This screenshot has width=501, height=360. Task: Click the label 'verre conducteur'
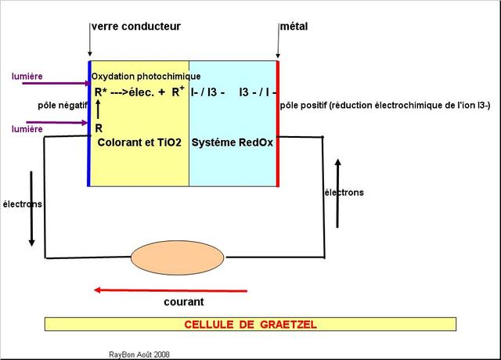(136, 27)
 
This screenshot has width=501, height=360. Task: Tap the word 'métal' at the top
(294, 27)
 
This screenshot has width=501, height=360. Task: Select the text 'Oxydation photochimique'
(146, 77)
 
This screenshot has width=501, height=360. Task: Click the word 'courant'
(184, 302)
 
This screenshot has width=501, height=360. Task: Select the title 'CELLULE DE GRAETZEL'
(250, 324)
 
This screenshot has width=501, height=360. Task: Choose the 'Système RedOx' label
(231, 143)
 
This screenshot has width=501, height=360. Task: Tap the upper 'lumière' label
(27, 77)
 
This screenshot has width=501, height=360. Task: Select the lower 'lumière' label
(27, 129)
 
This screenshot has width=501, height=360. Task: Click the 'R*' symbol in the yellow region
(101, 92)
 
